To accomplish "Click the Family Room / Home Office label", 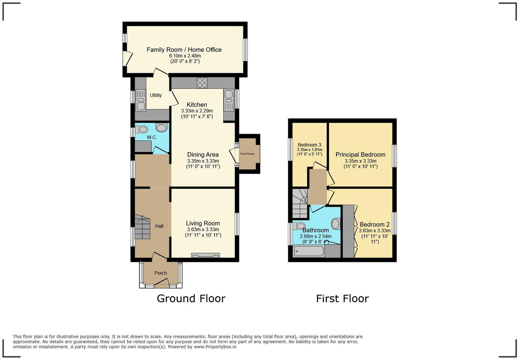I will (x=184, y=50).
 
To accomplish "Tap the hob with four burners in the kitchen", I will (x=202, y=83).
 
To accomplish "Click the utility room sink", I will (x=141, y=100).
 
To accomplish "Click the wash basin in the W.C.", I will (x=162, y=128).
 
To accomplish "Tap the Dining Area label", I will (x=203, y=155).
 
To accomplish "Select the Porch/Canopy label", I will (x=247, y=154).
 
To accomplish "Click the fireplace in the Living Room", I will (x=205, y=255).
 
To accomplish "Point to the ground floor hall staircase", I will (x=142, y=227).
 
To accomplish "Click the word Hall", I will (x=159, y=226).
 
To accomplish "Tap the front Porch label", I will (x=161, y=273).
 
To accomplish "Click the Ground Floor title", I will (x=191, y=298).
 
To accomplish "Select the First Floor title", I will (x=342, y=298).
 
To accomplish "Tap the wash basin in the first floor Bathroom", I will (x=336, y=224).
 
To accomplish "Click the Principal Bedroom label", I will (x=360, y=155).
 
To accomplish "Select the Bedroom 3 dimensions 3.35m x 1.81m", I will (x=309, y=150).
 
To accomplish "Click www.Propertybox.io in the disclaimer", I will (x=215, y=347).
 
